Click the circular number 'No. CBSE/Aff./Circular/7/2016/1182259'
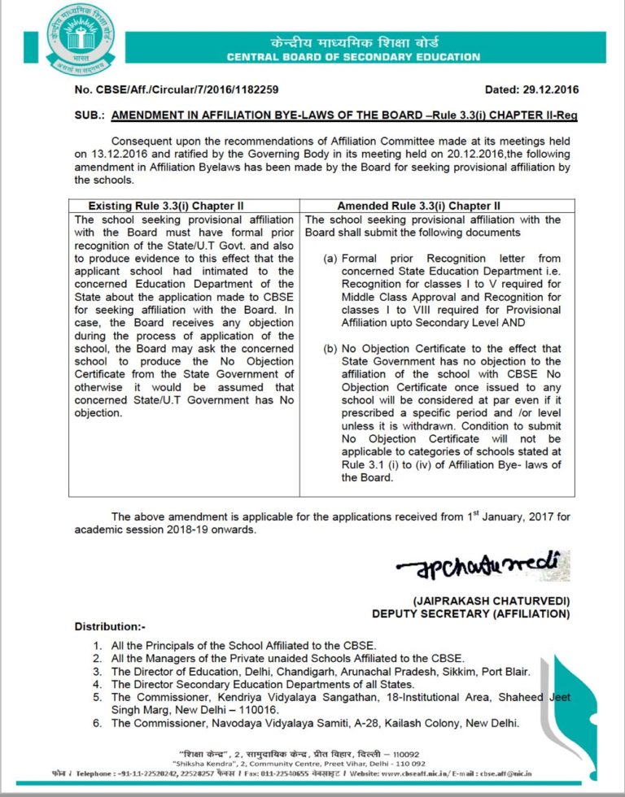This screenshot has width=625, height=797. point(177,90)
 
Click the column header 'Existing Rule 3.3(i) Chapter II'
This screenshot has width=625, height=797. point(165,206)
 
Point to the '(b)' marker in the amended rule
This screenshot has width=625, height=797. point(330,349)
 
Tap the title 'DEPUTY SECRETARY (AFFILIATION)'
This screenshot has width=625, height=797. point(471,613)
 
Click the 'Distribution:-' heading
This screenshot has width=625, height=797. point(110,626)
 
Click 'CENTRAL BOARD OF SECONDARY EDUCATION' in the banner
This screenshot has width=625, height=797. point(353,57)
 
